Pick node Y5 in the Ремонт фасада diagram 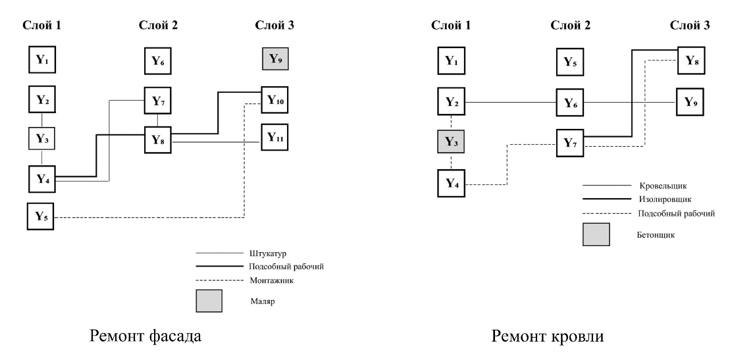click(x=40, y=217)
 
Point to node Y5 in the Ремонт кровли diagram click(x=570, y=62)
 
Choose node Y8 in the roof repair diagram click(x=691, y=61)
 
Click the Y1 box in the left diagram click(x=42, y=60)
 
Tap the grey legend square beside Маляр click(x=209, y=302)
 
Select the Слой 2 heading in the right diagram click(x=570, y=26)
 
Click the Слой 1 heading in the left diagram click(x=42, y=26)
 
